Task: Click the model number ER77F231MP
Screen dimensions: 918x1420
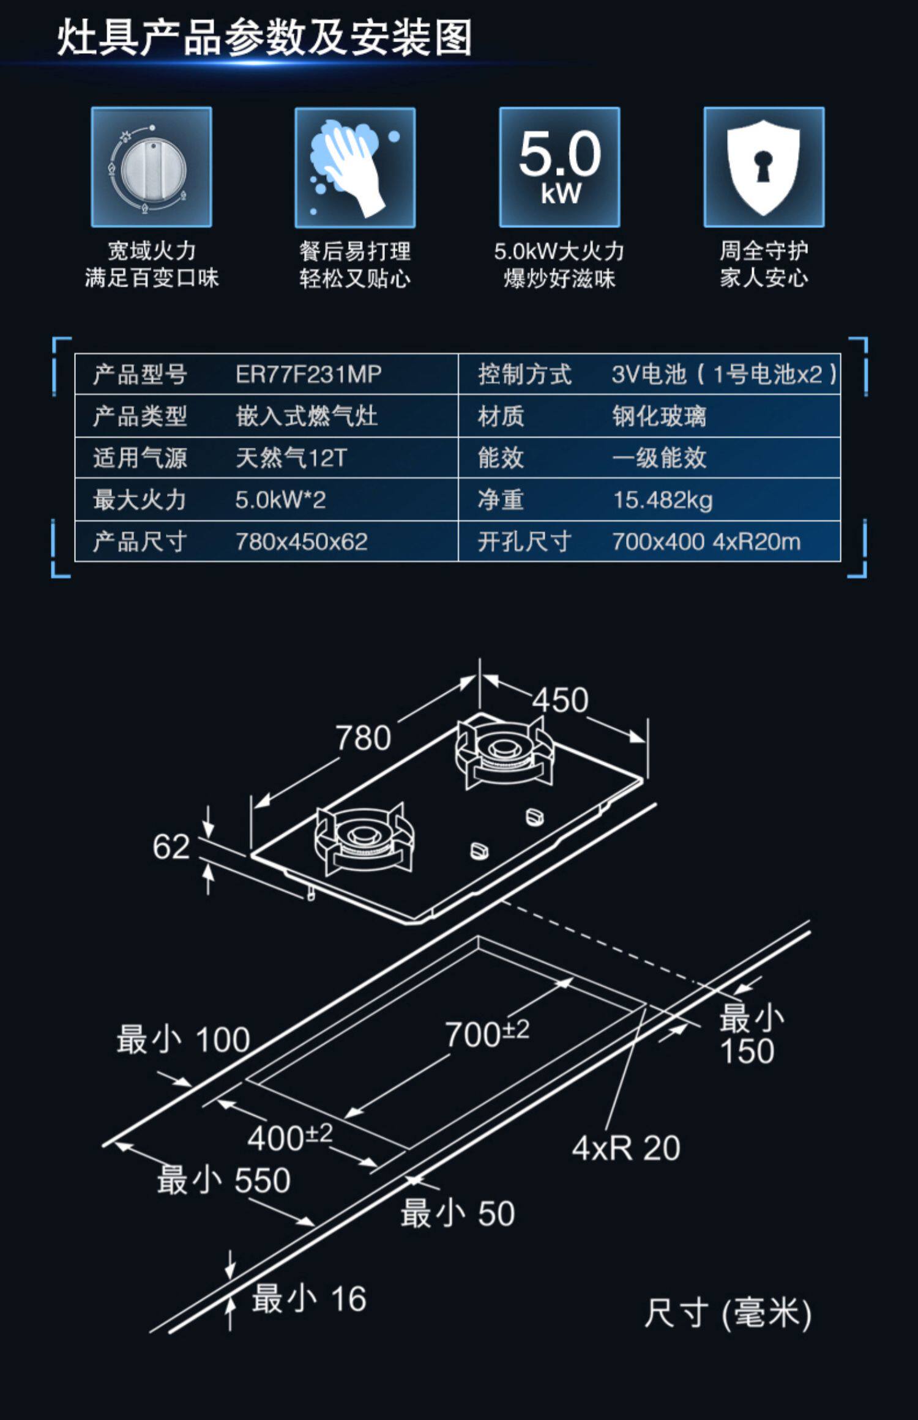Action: pos(308,374)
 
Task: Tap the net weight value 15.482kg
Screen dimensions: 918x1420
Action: pos(663,500)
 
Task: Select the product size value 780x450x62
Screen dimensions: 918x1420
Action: pos(301,541)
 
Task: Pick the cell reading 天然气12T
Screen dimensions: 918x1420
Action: pos(291,457)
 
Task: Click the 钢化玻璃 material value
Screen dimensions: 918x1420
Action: pos(659,416)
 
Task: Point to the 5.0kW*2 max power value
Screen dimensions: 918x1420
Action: pos(280,500)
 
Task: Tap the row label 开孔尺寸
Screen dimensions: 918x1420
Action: pos(524,541)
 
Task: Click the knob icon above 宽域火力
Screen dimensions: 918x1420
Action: pos(152,167)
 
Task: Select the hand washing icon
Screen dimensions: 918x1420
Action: pos(355,167)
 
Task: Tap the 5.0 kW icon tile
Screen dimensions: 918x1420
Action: pos(559,167)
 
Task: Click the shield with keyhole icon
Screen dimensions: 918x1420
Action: pos(764,167)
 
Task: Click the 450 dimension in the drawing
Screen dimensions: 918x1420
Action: pos(560,700)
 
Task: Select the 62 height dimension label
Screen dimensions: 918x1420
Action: pos(171,847)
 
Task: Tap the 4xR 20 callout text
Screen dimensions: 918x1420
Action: pos(626,1148)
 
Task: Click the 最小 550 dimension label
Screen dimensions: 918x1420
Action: pos(224,1180)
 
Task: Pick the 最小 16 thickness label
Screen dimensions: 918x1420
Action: pos(310,1298)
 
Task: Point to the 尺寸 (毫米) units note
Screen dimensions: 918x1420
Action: pos(728,1313)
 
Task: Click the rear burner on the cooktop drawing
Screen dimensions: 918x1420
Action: pos(504,751)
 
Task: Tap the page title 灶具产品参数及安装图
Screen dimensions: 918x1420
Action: pos(264,37)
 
